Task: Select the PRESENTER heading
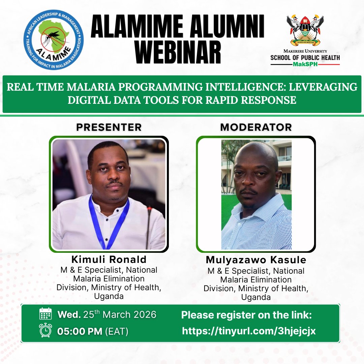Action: coord(109,127)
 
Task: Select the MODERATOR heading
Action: coord(256,127)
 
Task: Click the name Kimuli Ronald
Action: coord(109,259)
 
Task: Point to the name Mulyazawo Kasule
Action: coord(256,260)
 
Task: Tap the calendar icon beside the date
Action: coord(45,314)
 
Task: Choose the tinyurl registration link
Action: coord(249,331)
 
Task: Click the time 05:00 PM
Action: coord(80,331)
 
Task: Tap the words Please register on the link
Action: coord(246,315)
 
